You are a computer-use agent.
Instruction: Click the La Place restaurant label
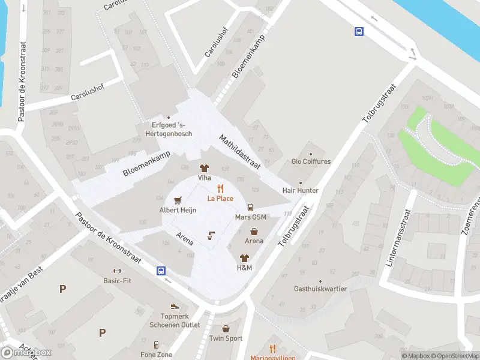220,199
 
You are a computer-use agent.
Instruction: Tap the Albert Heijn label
178,210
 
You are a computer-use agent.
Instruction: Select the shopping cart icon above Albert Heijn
178,200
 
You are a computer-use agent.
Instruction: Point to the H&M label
244,268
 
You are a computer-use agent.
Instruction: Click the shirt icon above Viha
204,169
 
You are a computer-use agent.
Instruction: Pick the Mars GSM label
251,217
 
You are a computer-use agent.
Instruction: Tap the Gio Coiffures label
311,161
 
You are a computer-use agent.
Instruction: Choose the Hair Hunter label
301,190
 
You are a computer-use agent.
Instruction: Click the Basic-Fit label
117,280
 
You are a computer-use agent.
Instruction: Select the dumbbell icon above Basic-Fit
117,271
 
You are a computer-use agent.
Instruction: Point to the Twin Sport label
226,338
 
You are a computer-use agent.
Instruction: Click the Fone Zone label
156,355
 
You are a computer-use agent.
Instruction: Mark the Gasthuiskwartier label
320,289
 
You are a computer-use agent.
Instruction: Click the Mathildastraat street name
238,151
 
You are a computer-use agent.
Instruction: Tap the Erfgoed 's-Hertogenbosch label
172,129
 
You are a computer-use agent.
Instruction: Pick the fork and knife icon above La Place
220,188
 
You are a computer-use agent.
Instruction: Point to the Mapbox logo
27,352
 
